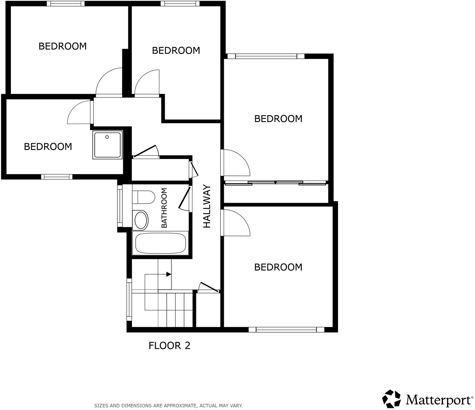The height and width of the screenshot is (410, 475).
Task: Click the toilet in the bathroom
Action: [x=143, y=197]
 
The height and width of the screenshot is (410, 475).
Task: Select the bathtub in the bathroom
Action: [x=161, y=243]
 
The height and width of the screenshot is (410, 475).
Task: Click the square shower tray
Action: [x=107, y=145]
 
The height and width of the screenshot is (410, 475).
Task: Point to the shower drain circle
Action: [x=107, y=137]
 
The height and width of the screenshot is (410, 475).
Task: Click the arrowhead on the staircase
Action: [x=169, y=274]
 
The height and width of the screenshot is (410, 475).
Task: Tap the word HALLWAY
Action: [x=207, y=206]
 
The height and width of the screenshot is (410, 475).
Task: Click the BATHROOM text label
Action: [x=164, y=208]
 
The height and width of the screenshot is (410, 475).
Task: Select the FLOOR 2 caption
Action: [x=169, y=345]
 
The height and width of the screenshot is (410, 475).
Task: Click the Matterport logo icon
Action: [x=391, y=399]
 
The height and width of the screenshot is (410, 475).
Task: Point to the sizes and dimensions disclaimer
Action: [x=168, y=406]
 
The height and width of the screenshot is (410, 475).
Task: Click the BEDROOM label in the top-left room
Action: [x=62, y=46]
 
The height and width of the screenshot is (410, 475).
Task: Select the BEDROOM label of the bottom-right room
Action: [x=278, y=267]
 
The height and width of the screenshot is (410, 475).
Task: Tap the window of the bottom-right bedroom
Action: [x=286, y=330]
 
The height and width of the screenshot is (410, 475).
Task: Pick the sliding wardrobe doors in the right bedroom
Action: [x=276, y=183]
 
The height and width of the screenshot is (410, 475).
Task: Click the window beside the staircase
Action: [x=129, y=300]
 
